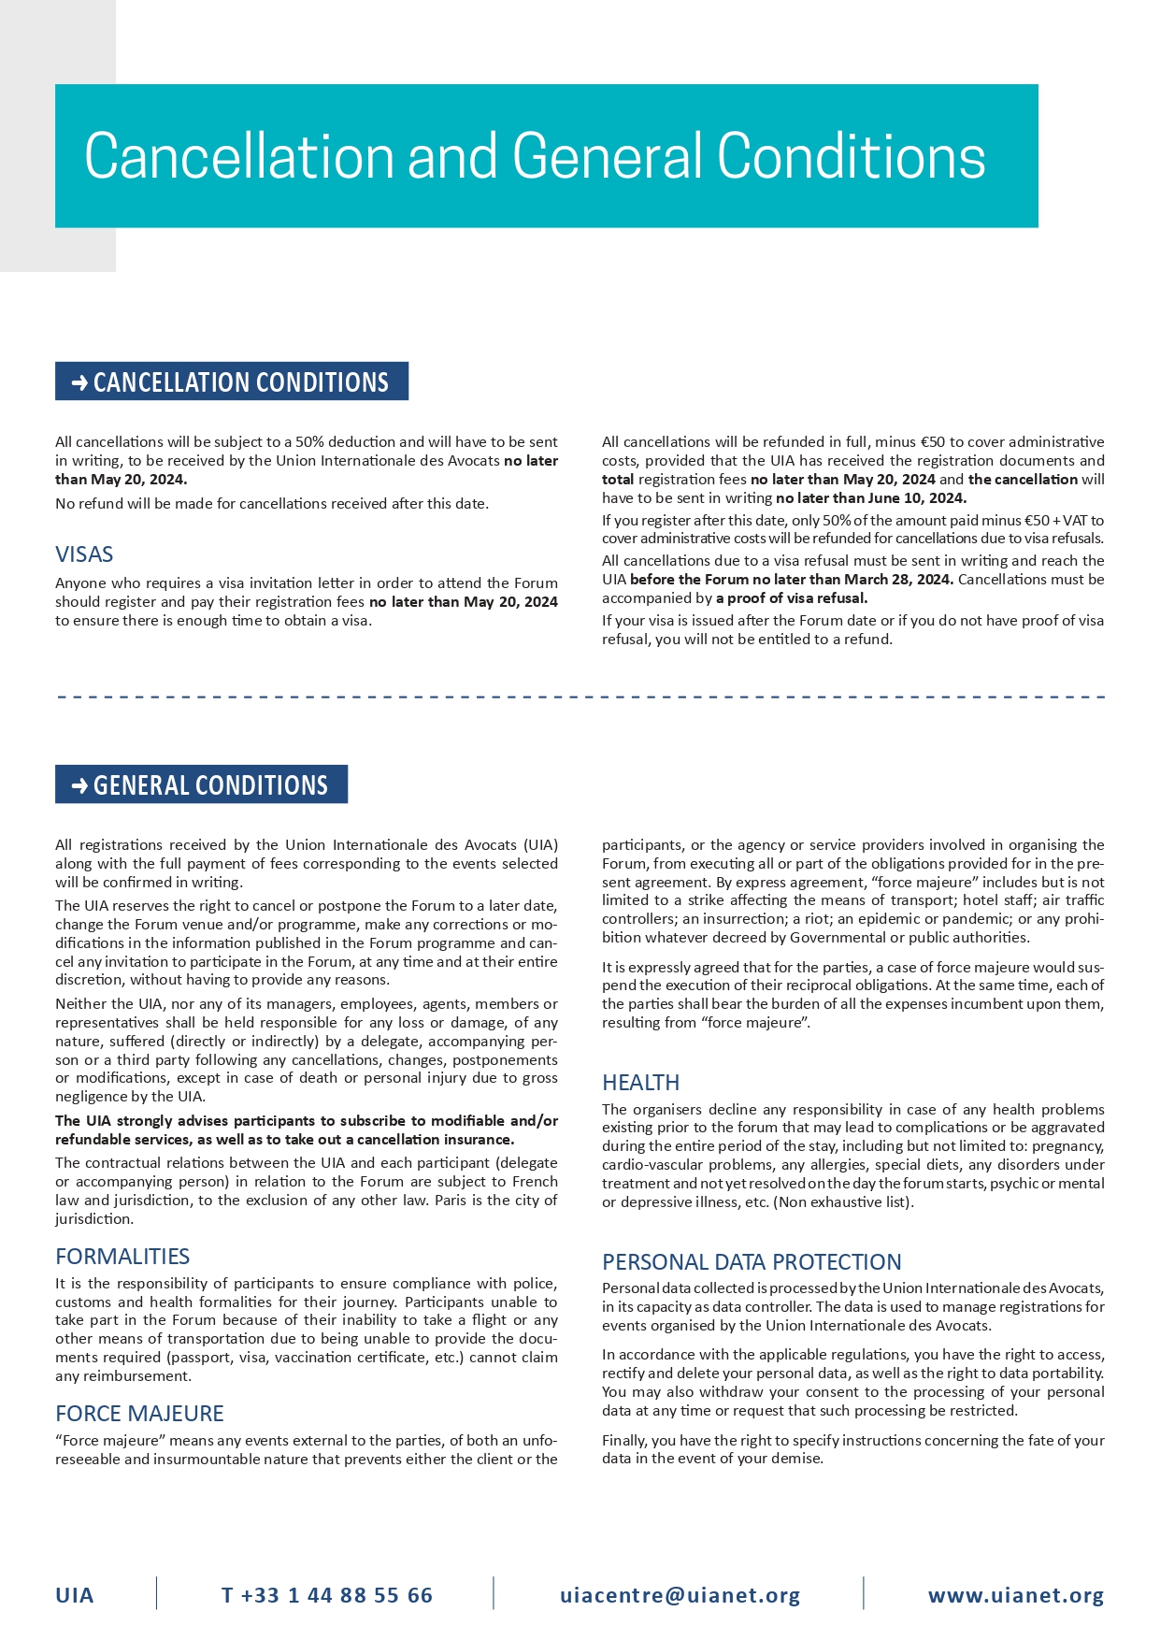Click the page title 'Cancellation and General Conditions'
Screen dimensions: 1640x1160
(535, 156)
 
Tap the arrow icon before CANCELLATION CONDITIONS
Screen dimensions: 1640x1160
(79, 382)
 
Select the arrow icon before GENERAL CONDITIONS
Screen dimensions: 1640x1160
(79, 785)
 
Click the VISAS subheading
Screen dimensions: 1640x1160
(84, 554)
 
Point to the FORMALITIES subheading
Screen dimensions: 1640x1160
(122, 1256)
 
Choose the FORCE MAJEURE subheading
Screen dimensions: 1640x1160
(139, 1413)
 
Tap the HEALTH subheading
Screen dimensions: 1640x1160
(640, 1082)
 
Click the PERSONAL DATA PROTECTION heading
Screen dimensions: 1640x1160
(752, 1261)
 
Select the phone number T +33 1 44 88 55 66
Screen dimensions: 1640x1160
(327, 1595)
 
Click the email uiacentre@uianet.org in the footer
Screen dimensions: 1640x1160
(680, 1595)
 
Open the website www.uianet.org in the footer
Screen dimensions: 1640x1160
(1016, 1595)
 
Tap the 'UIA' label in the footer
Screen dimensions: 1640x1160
(75, 1595)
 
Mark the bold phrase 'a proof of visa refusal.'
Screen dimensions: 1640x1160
(792, 598)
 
